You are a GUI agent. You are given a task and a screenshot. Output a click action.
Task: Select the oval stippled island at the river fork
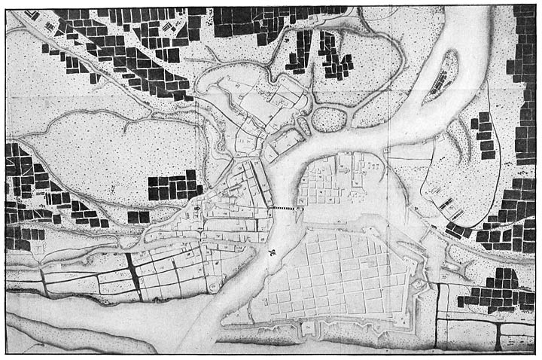click(x=329, y=118)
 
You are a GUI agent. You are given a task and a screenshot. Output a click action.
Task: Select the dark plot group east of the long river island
click(x=485, y=136)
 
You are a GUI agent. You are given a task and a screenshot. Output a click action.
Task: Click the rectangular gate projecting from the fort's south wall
click(x=307, y=329)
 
